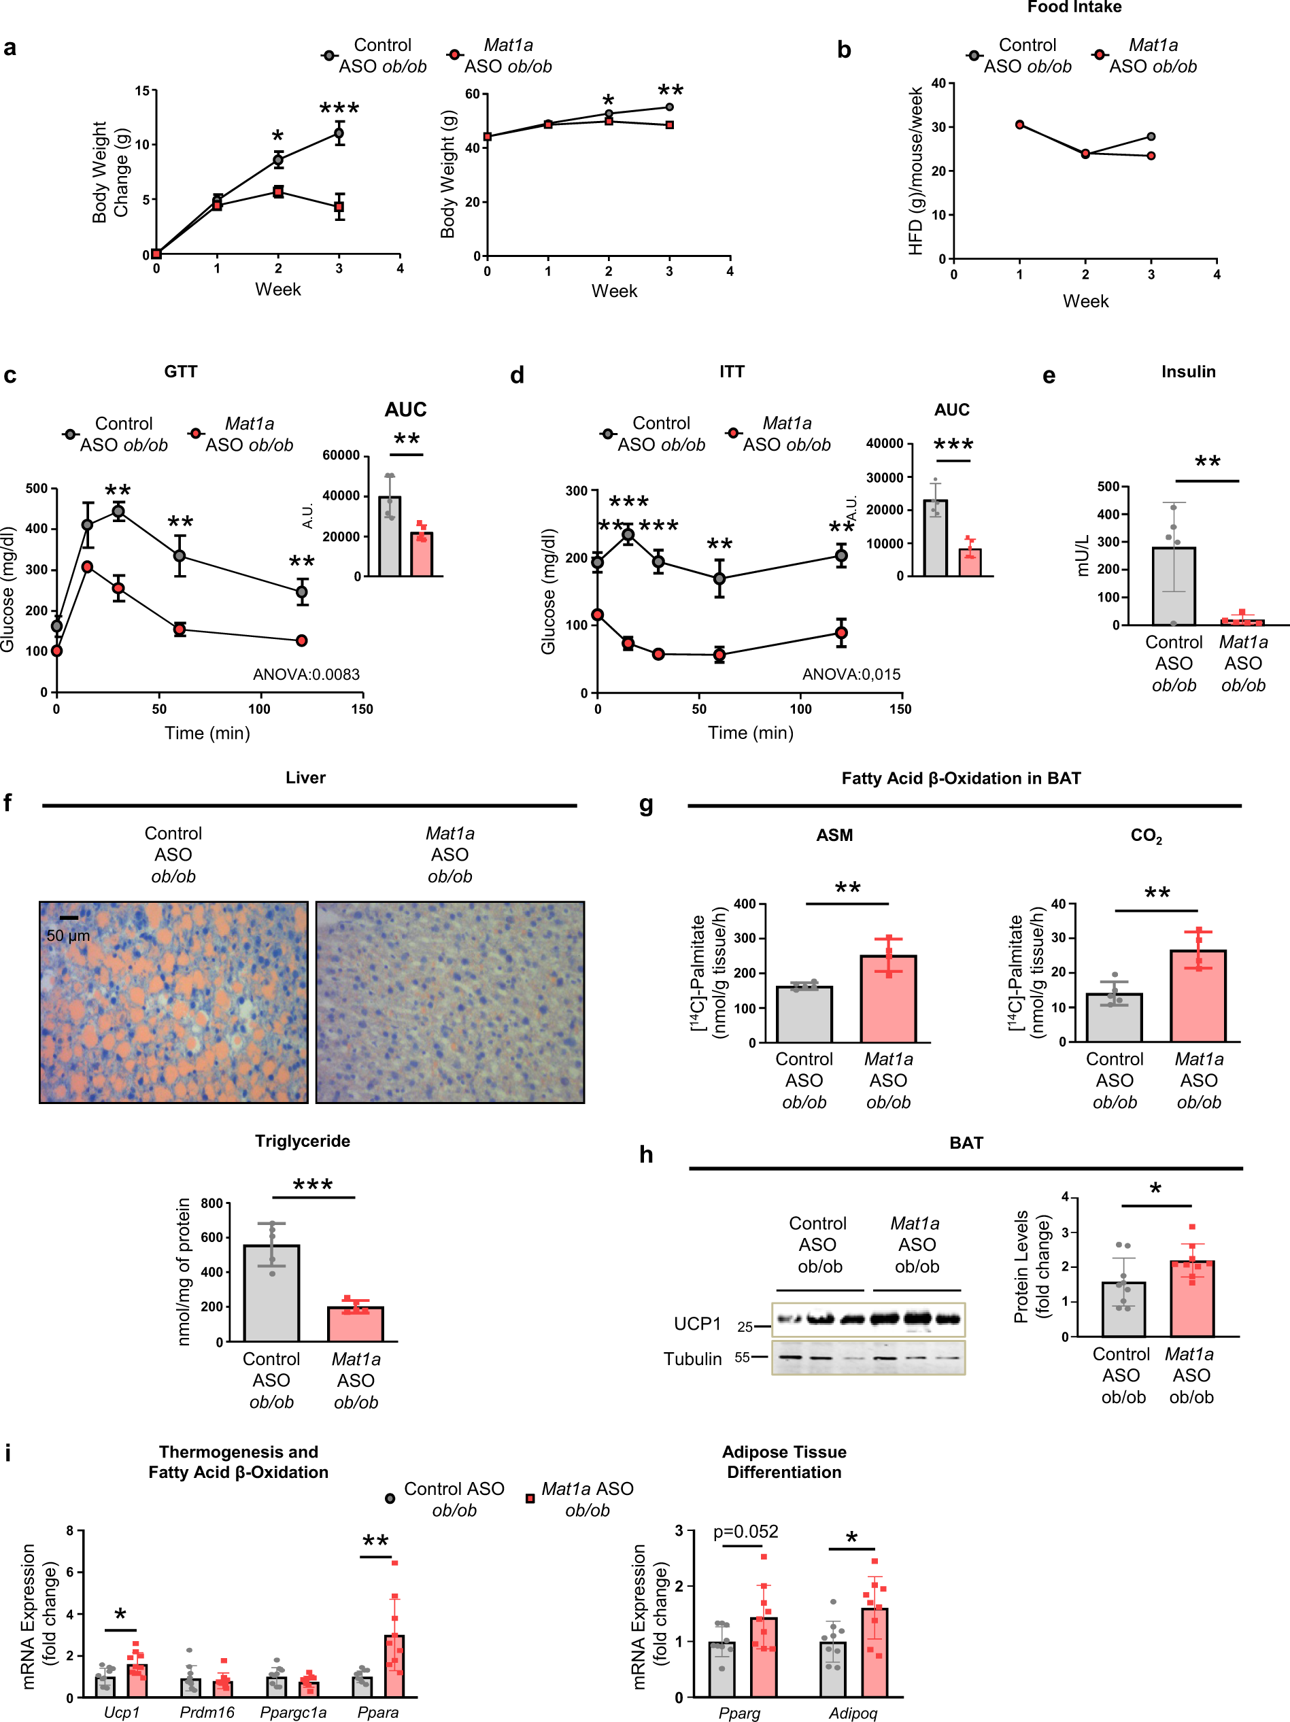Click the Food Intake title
coord(1074,7)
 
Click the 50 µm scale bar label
coord(69,935)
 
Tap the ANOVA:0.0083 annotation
coord(306,674)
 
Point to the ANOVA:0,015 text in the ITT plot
coord(851,674)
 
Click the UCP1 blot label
coord(697,1324)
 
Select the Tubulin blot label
coord(692,1358)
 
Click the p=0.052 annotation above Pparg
coord(745,1531)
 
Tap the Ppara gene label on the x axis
coord(377,1712)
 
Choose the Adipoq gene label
coord(853,1712)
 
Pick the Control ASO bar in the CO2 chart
coord(1114,1018)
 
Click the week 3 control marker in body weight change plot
coord(339,133)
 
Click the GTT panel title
coord(181,371)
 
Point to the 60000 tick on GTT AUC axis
coord(341,455)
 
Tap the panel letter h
coord(645,1154)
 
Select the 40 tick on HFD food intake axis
coord(938,84)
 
